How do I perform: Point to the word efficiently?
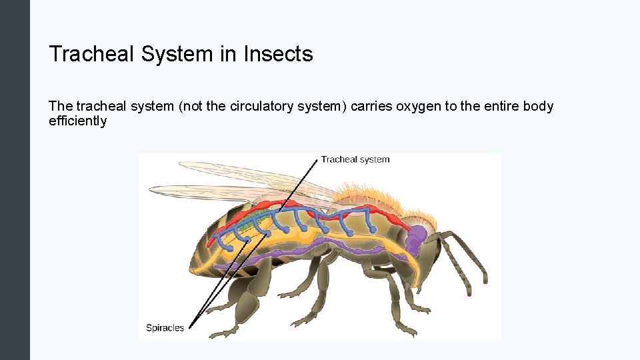(77, 121)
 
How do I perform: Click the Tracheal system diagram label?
(355, 159)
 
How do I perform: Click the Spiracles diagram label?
(165, 328)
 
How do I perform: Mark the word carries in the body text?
(371, 107)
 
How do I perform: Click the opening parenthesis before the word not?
(180, 107)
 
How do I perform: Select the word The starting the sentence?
(61, 107)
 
